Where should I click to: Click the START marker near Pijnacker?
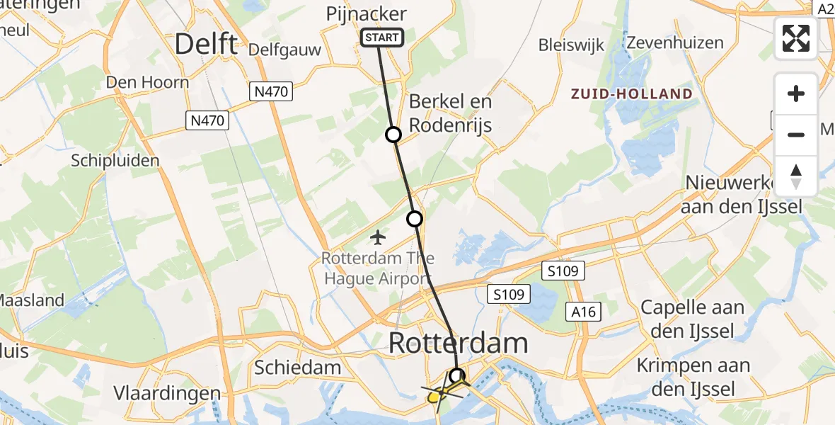(x=382, y=38)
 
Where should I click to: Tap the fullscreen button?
(x=796, y=38)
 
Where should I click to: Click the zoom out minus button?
(x=796, y=135)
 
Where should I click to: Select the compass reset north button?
(x=796, y=176)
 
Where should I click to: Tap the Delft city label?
(x=205, y=44)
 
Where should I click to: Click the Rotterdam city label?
(x=458, y=344)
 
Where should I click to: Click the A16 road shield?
(x=582, y=312)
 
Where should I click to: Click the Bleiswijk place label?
(x=571, y=45)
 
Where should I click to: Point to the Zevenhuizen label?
(x=674, y=42)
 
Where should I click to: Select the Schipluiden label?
(x=115, y=160)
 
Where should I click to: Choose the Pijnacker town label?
(x=366, y=13)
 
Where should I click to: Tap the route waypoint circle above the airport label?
(x=415, y=219)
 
